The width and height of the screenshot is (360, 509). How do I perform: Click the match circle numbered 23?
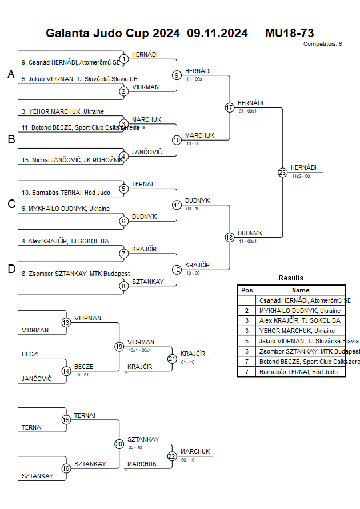point(282,172)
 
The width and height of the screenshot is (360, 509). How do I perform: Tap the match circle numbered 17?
point(230,107)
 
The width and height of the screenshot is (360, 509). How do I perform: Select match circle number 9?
point(177,75)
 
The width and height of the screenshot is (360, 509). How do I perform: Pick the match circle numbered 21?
point(172,359)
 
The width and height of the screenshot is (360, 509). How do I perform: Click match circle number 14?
point(66,371)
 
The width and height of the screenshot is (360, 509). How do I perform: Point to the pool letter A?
point(10,74)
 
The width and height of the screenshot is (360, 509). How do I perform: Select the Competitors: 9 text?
point(322,44)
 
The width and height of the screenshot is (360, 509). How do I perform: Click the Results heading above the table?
point(291,278)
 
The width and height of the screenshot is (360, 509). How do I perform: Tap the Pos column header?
point(247,290)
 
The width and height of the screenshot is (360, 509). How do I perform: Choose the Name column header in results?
point(300,290)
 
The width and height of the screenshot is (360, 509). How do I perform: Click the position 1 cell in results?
point(247,300)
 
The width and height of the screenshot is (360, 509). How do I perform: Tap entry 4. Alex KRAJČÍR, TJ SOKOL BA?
point(65,241)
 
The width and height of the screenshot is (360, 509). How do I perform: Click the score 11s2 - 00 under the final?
point(301,177)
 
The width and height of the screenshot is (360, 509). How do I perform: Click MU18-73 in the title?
point(289,33)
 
